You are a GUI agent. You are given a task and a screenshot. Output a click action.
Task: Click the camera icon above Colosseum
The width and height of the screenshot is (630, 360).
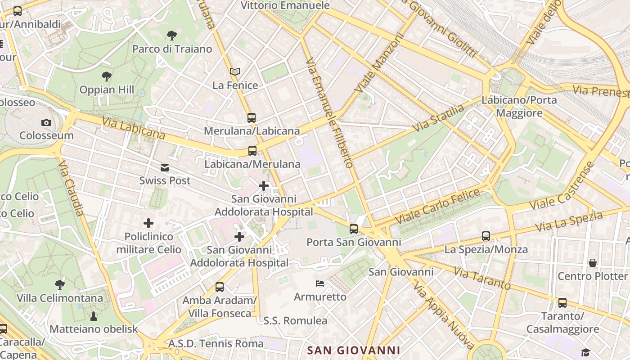46,122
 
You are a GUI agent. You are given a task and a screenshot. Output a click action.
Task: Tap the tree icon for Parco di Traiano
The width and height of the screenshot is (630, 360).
171,36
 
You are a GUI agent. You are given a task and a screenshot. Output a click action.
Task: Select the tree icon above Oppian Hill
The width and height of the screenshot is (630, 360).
107,76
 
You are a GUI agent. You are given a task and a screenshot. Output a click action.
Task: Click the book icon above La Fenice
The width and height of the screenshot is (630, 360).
235,72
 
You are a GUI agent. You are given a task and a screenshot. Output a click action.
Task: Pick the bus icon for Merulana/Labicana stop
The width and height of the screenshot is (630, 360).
252,118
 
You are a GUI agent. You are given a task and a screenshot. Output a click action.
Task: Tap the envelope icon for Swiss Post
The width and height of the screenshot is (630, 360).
165,168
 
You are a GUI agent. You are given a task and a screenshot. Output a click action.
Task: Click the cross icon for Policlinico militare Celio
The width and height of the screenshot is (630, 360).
148,223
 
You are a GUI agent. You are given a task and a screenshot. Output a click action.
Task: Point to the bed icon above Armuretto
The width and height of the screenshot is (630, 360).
320,283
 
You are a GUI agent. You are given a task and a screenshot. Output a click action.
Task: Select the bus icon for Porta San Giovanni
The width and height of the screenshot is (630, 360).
354,229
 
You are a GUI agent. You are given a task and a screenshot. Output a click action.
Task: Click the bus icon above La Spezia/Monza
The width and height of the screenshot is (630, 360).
486,236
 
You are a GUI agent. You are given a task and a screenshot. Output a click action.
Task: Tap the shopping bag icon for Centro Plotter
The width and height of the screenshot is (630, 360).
593,263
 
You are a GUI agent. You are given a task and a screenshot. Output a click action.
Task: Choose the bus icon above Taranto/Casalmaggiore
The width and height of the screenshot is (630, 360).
562,303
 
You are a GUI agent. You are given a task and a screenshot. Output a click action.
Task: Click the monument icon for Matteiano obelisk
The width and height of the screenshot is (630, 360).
94,316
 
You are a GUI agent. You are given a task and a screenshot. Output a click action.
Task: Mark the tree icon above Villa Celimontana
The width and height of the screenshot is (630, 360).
59,285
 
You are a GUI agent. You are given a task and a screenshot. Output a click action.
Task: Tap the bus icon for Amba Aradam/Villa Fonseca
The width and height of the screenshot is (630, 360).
220,287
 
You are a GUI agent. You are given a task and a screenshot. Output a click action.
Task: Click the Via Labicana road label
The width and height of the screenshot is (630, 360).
134,128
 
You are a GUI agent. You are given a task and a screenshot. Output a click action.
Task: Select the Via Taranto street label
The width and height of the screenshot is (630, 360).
482,278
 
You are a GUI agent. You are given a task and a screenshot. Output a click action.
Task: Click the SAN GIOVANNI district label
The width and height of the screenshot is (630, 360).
353,350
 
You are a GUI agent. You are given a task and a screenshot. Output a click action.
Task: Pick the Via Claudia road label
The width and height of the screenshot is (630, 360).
71,189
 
